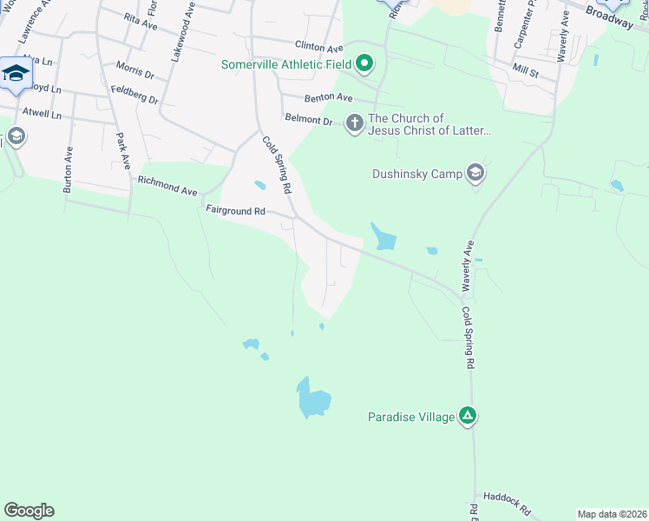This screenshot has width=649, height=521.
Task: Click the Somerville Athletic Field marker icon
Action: (365, 63)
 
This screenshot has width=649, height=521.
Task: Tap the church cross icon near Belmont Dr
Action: (354, 122)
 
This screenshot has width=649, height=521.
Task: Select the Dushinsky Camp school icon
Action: (475, 173)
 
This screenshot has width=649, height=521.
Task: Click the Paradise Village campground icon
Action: (468, 417)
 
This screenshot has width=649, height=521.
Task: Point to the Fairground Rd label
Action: (235, 210)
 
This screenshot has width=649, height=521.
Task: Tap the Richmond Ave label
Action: (167, 185)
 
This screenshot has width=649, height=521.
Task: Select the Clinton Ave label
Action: (319, 47)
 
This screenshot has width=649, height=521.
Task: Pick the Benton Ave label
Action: (328, 98)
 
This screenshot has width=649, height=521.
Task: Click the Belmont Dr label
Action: (309, 121)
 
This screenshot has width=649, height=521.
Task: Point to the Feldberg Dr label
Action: (134, 95)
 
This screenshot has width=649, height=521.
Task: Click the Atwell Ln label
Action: (42, 113)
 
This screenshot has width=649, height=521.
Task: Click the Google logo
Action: (29, 511)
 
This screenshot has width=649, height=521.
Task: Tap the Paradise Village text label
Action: (410, 418)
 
